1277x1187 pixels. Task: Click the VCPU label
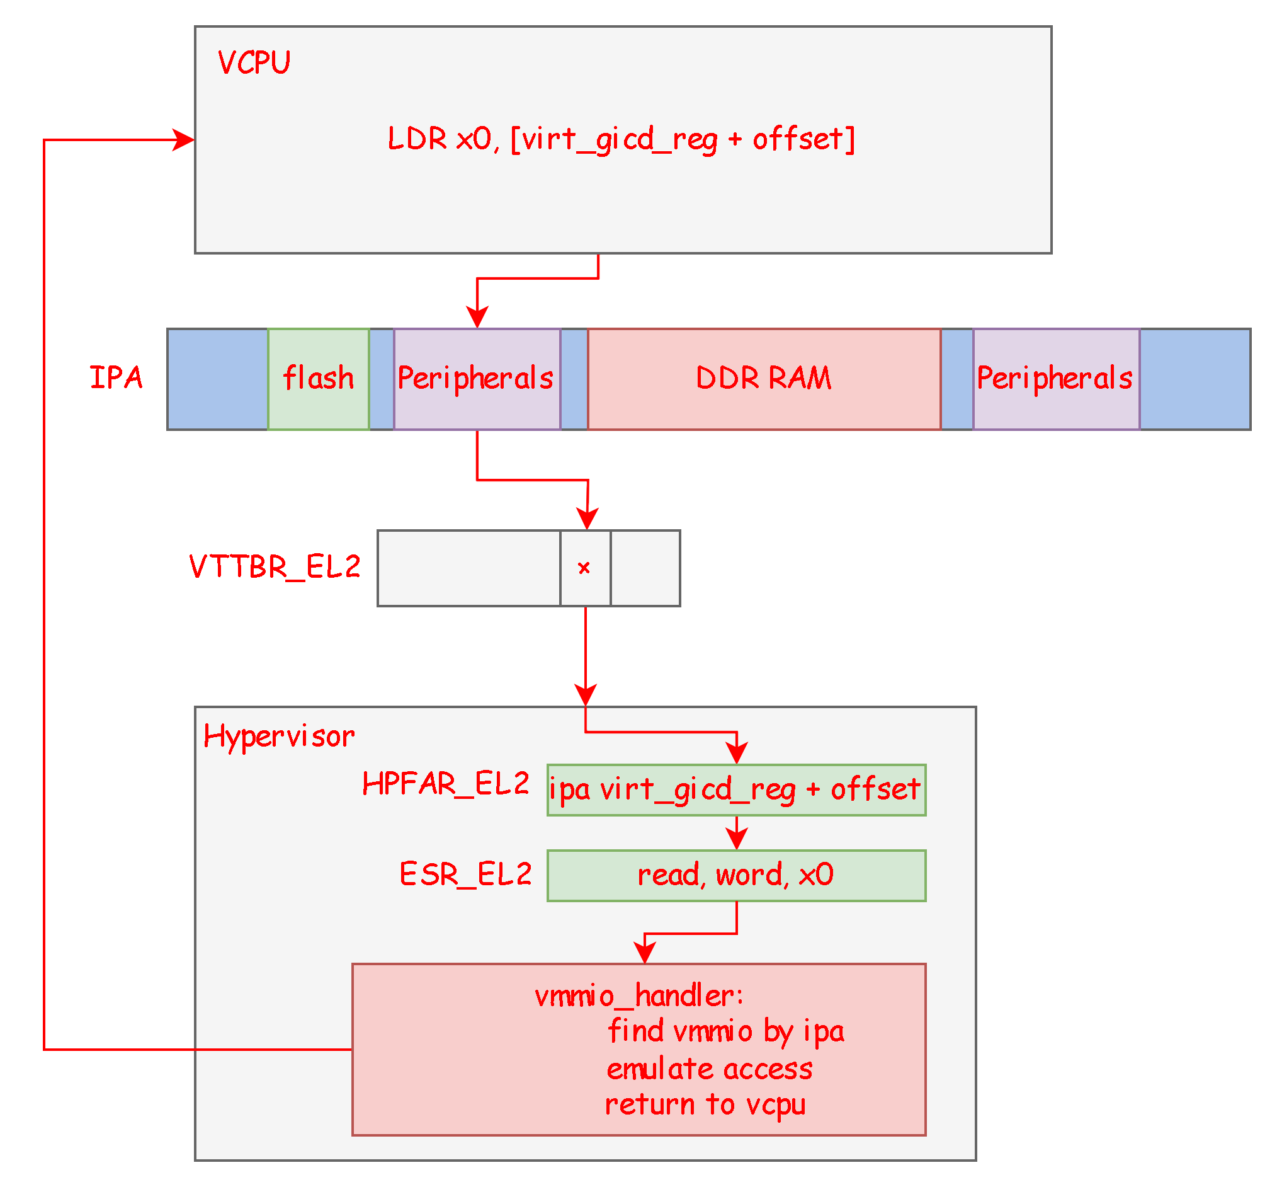coord(254,63)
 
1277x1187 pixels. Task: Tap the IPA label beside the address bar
coord(116,377)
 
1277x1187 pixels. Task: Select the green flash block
coord(319,378)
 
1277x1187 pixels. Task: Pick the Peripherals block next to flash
coord(476,378)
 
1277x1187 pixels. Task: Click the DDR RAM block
coord(763,378)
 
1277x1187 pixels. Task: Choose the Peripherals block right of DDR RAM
coord(1055,378)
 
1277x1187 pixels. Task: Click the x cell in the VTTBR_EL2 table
coord(584,568)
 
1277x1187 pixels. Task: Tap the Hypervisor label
coord(279,736)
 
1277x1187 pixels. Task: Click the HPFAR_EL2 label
coord(446,784)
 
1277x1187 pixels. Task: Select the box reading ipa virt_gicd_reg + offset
coord(735,789)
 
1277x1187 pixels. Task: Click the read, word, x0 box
coord(735,875)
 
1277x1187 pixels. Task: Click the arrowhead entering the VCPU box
coord(184,139)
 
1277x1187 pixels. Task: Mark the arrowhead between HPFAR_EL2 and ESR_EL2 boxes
coord(736,839)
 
